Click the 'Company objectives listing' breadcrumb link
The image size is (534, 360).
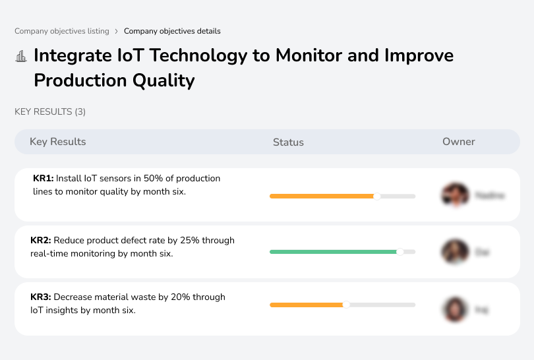pyautogui.click(x=62, y=31)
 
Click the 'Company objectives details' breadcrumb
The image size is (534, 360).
pyautogui.click(x=172, y=31)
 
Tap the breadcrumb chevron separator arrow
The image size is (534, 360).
pyautogui.click(x=116, y=31)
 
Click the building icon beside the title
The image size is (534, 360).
pyautogui.click(x=21, y=56)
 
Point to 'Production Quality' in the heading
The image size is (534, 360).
pyautogui.click(x=114, y=80)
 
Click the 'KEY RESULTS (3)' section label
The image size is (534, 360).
pyautogui.click(x=50, y=112)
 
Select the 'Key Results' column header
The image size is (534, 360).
pyautogui.click(x=57, y=142)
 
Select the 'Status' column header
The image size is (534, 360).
pyautogui.click(x=288, y=142)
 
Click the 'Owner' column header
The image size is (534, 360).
pyautogui.click(x=458, y=142)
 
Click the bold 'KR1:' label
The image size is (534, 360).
pyautogui.click(x=44, y=178)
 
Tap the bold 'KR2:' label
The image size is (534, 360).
pyautogui.click(x=41, y=241)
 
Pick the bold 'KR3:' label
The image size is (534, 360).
pyautogui.click(x=41, y=297)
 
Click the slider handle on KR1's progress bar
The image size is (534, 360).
pyautogui.click(x=377, y=196)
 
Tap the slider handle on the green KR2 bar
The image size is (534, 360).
pyautogui.click(x=400, y=251)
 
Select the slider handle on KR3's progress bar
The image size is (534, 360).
pyautogui.click(x=346, y=305)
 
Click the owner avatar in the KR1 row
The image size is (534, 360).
pyautogui.click(x=455, y=195)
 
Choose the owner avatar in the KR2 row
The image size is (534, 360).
pyautogui.click(x=455, y=252)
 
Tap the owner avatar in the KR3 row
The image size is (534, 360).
pyautogui.click(x=455, y=309)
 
